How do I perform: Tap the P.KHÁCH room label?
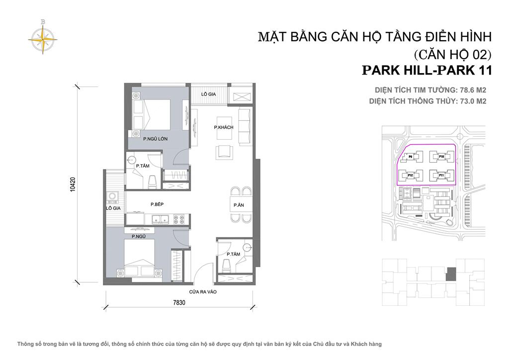224,128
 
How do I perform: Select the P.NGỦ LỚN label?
154,139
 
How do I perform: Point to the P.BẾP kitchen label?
157,204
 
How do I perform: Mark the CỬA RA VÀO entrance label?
201,292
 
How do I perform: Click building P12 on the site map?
411,175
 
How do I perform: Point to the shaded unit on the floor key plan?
451,273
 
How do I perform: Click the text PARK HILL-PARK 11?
426,70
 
